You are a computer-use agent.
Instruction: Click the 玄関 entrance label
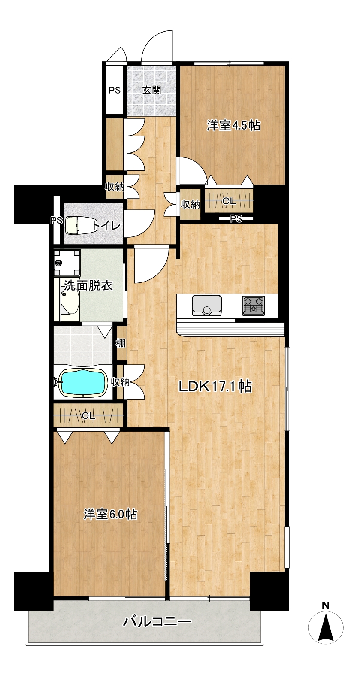tap(151, 90)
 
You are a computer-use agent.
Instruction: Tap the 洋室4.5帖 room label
tap(233, 125)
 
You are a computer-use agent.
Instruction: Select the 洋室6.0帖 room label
tap(111, 514)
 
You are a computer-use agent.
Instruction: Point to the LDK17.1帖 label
tap(215, 386)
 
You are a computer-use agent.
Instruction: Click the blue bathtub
tap(83, 383)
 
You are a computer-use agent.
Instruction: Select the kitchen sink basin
tap(206, 305)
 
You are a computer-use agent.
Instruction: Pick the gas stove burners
tap(253, 305)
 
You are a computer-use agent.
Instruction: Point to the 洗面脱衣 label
tap(88, 285)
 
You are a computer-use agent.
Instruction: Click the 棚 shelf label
tap(121, 342)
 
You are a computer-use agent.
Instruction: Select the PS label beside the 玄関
tap(115, 90)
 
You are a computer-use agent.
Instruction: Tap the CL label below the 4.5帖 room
tap(229, 201)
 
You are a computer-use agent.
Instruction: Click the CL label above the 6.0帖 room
tap(88, 416)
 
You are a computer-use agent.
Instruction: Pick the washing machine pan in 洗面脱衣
tap(67, 263)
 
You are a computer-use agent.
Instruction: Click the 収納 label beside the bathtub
tap(120, 382)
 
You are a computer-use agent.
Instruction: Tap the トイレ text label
tap(106, 225)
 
